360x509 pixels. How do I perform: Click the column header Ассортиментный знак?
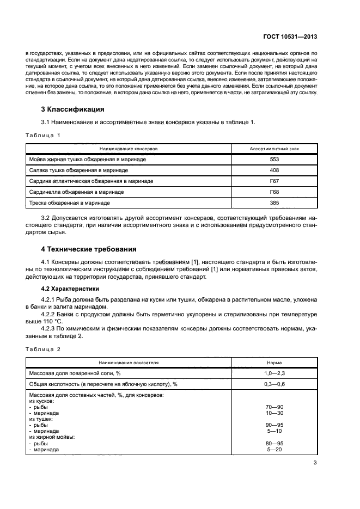tap(274, 148)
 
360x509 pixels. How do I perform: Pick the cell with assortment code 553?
tap(274, 160)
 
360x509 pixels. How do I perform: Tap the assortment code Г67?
tap(274, 181)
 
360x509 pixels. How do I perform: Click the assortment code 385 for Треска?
tap(274, 203)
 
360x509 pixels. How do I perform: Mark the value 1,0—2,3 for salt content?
tap(274, 373)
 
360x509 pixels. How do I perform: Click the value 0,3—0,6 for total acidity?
tap(274, 384)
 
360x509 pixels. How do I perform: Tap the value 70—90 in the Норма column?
tap(274, 407)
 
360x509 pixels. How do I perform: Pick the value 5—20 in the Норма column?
tap(274, 450)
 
